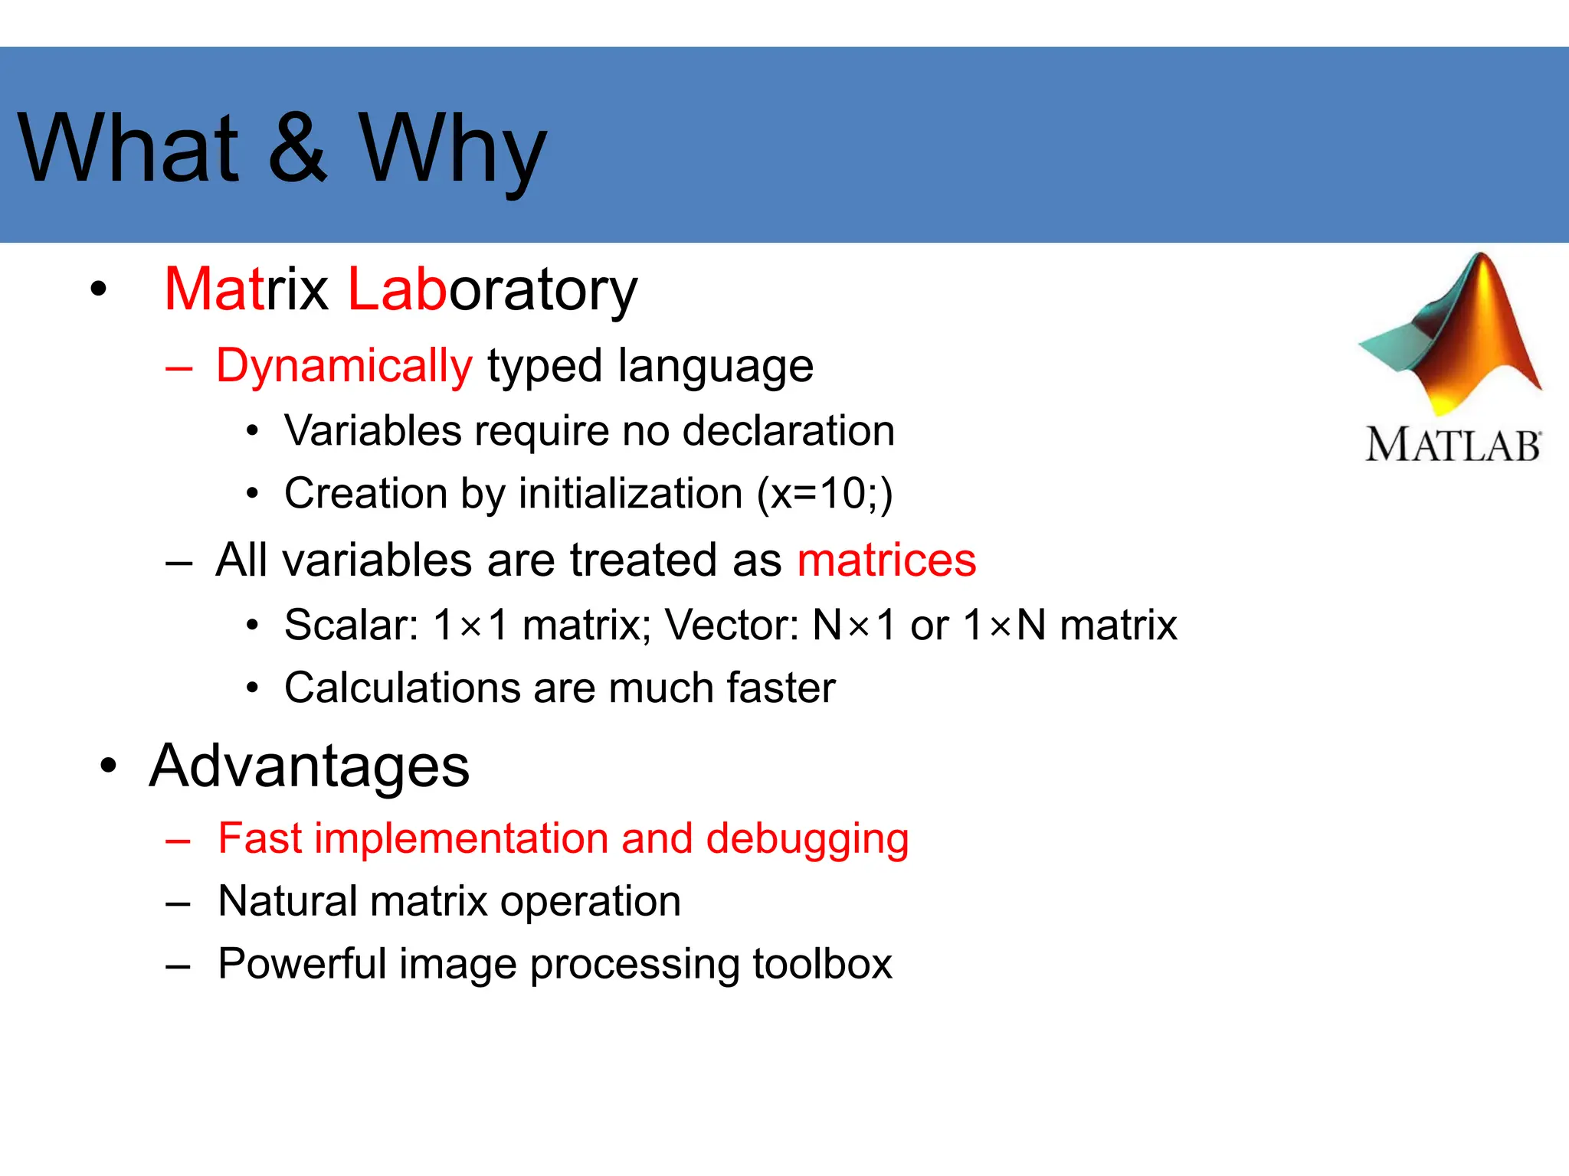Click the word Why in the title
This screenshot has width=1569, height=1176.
453,149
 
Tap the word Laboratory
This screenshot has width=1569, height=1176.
492,290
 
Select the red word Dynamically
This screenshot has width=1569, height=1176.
344,367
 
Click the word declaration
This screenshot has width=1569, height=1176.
788,430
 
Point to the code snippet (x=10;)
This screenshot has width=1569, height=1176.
824,494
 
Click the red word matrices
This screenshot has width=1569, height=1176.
886,560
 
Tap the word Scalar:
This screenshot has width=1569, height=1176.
351,625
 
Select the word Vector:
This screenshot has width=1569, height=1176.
732,625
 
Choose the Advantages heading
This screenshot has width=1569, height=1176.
310,766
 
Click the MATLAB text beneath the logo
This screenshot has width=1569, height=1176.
1453,446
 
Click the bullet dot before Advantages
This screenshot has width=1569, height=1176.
109,766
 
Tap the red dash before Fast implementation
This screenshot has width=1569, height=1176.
178,841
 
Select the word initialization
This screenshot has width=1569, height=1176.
631,494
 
